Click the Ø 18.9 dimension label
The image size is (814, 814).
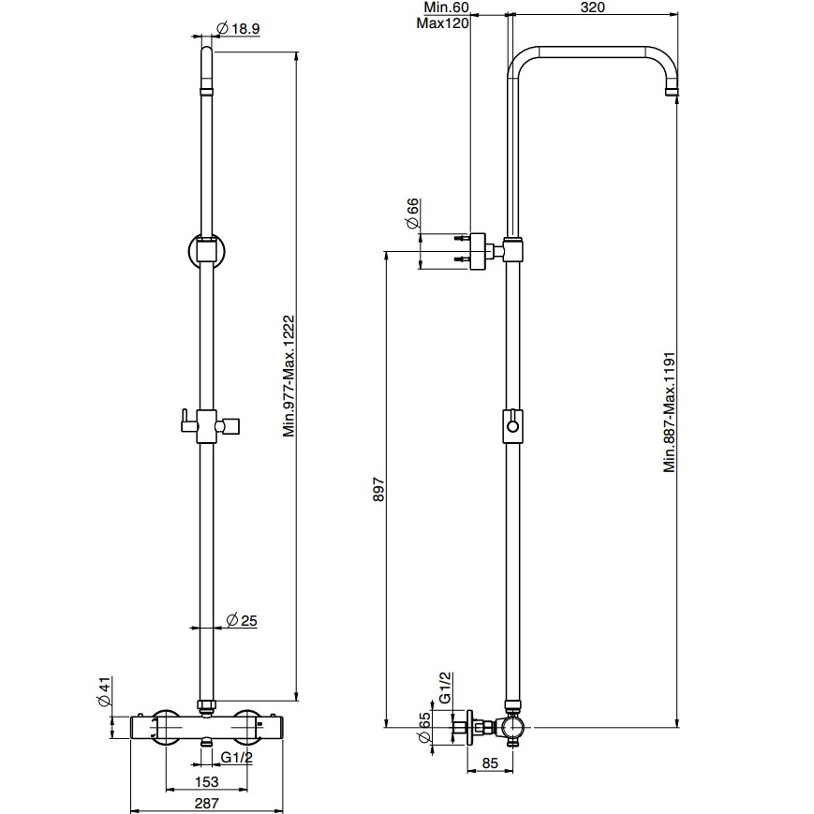coord(237,28)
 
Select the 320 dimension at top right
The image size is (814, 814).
coord(593,7)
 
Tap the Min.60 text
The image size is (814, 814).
coord(447,7)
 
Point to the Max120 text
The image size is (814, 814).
coord(443,23)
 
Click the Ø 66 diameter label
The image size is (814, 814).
coord(411,213)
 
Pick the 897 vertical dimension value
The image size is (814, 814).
coord(379,489)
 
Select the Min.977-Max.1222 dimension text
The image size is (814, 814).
coord(289,376)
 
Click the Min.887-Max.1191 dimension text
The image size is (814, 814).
coord(670,412)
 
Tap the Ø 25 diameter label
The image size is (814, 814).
coord(242,620)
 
